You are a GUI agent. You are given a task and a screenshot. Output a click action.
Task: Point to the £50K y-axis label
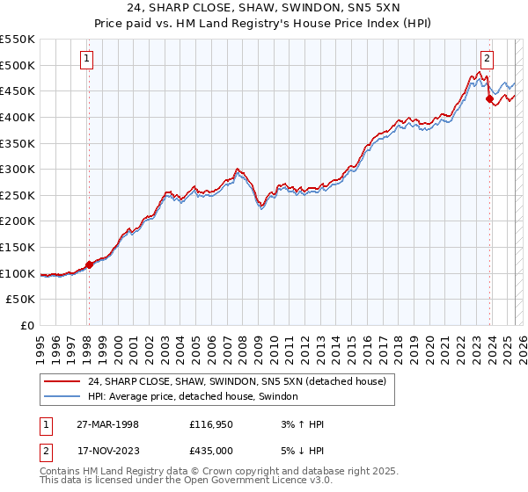(x=22, y=300)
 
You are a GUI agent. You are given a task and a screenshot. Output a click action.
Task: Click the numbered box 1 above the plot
(x=88, y=59)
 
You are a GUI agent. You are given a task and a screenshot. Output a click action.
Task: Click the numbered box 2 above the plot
(x=487, y=59)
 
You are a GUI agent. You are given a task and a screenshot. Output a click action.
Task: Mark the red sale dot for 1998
(x=89, y=264)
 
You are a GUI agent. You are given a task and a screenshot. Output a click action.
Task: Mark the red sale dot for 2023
(x=488, y=99)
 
